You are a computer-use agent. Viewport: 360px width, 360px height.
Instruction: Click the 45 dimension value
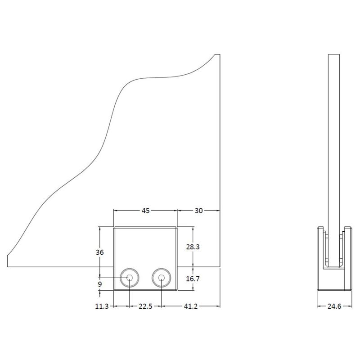point(145,210)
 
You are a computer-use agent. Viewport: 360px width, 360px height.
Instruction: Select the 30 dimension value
point(198,210)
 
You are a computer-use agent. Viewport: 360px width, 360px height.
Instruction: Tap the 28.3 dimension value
point(193,247)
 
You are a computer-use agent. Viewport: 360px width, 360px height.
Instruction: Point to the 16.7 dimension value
point(193,279)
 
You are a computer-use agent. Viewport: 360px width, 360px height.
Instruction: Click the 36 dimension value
point(99,252)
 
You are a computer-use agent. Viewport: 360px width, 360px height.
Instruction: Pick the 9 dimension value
point(100,284)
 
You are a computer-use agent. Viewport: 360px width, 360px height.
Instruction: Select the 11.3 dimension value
point(102,306)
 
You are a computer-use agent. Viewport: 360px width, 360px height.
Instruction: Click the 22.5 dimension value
point(145,306)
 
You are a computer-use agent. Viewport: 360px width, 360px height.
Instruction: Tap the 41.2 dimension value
point(190,306)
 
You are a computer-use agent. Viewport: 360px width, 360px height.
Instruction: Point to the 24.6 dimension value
point(334,306)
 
